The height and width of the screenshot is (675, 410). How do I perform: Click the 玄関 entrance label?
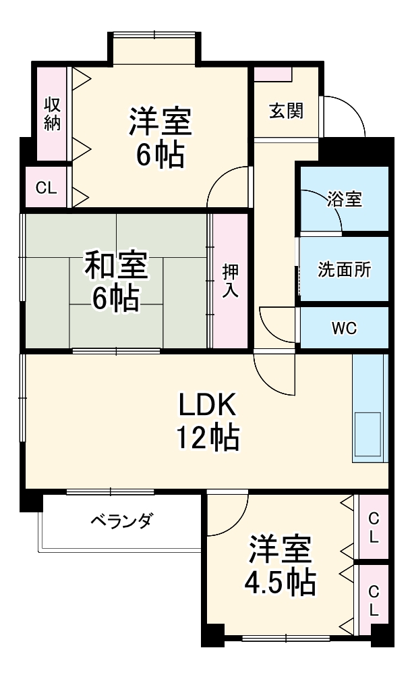[x=286, y=110]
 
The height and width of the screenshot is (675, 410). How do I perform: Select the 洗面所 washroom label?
[x=344, y=269]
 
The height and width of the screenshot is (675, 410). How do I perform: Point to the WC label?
[x=344, y=329]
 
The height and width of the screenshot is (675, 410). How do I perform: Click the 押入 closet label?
[x=229, y=280]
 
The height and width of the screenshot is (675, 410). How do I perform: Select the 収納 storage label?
[x=53, y=113]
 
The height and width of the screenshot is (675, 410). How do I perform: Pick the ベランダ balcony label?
[x=121, y=522]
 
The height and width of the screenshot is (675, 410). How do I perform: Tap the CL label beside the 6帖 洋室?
[x=46, y=188]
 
